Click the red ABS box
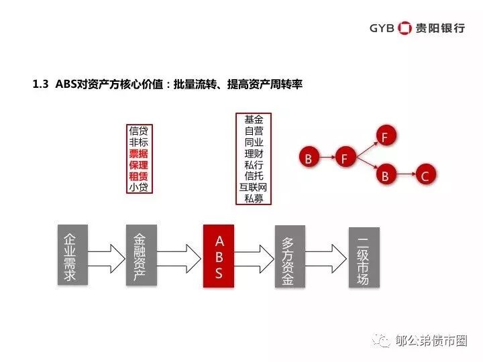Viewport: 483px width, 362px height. [219, 256]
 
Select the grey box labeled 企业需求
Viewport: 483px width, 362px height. [70, 257]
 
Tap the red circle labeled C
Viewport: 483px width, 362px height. [424, 176]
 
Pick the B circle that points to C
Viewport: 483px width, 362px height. [385, 176]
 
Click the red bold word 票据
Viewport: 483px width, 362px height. [139, 154]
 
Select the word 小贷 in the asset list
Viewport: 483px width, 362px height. [139, 188]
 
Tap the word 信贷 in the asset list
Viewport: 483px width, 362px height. [139, 131]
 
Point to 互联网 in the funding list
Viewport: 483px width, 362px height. [254, 187]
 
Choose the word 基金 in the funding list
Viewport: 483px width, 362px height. [254, 119]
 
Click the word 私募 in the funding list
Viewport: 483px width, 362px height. [254, 198]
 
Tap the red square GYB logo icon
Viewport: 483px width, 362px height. [405, 27]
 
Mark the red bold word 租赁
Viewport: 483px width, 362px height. [139, 176]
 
